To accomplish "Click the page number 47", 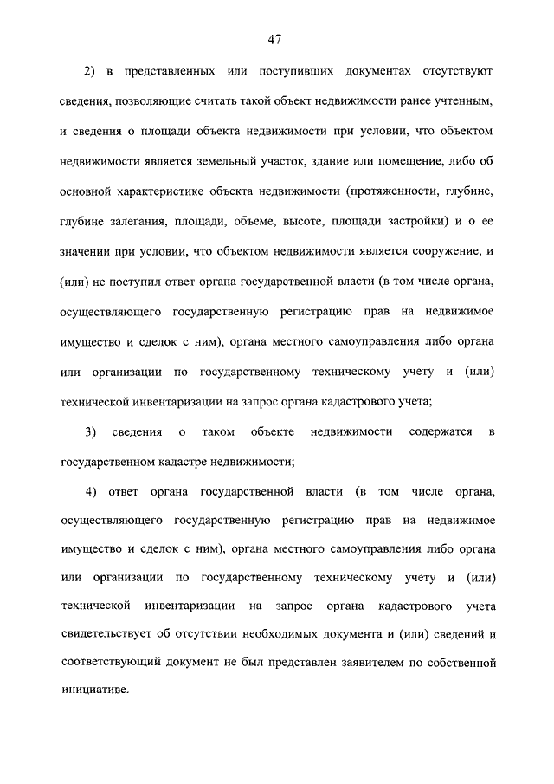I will [x=276, y=39].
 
